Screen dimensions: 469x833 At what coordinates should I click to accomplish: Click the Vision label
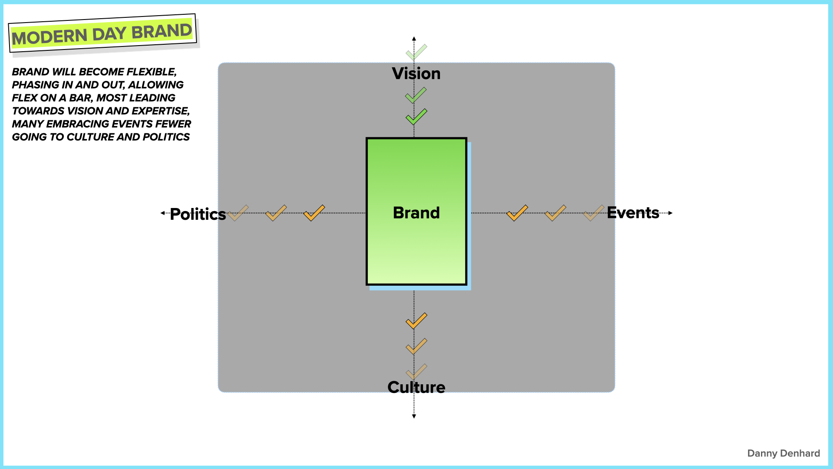coord(416,74)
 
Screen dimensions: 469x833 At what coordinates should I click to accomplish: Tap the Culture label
coord(416,387)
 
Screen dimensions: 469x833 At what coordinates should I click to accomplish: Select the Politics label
coord(197,214)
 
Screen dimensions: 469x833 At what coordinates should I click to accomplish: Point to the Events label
coord(633,213)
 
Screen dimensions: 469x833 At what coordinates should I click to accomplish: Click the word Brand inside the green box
coord(416,213)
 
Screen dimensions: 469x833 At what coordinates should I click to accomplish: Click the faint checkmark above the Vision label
coord(416,52)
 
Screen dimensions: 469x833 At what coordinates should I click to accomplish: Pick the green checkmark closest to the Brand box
coord(416,117)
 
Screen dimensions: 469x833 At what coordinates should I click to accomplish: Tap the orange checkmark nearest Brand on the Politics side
coord(314,213)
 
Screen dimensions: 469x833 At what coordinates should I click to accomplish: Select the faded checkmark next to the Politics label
coord(238,213)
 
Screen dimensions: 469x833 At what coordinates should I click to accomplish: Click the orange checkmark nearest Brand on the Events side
coord(517,213)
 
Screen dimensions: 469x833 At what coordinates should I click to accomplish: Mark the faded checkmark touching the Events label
coord(593,213)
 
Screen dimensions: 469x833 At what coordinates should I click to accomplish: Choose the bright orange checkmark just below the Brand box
coord(416,321)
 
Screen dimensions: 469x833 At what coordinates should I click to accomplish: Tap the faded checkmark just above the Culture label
coord(416,372)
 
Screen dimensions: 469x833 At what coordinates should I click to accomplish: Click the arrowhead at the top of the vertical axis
coord(414,39)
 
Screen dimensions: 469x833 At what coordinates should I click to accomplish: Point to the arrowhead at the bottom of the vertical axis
coord(414,416)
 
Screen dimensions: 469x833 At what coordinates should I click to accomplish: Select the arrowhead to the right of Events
coord(670,213)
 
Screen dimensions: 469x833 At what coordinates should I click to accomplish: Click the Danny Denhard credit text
coord(783,453)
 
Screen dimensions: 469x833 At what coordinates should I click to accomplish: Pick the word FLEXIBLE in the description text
coord(151,72)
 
